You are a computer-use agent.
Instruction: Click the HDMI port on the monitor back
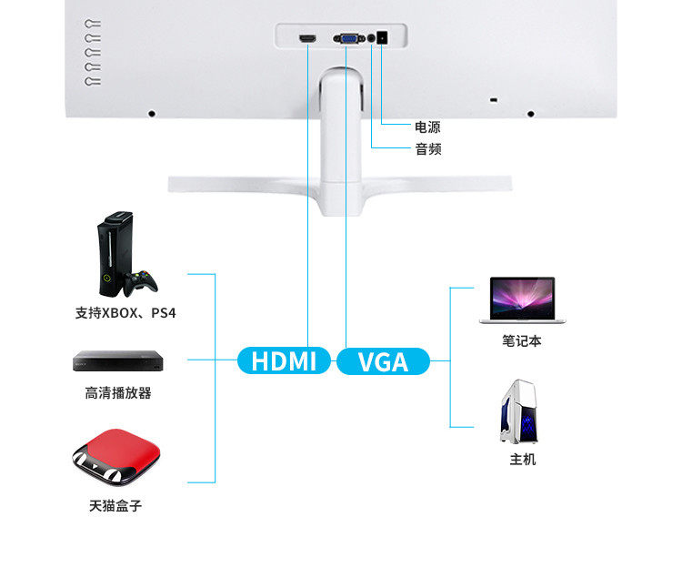[x=307, y=39]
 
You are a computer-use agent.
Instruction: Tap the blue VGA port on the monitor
[x=349, y=39]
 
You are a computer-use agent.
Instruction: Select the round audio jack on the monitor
[x=371, y=38]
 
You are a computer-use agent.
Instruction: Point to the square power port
[x=382, y=38]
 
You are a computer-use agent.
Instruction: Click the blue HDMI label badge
[x=284, y=360]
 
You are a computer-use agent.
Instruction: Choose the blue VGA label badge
[x=383, y=361]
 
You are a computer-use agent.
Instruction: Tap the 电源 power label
[x=427, y=127]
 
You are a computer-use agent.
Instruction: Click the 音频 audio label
[x=428, y=149]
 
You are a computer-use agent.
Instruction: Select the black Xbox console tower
[x=115, y=254]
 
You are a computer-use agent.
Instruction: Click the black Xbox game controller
[x=140, y=283]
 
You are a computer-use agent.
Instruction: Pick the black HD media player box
[x=118, y=360]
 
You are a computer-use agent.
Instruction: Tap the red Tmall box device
[x=116, y=458]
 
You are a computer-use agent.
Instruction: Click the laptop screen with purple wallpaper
[x=522, y=299]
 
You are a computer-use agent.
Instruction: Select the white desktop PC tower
[x=518, y=411]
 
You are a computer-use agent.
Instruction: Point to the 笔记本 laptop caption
[x=522, y=340]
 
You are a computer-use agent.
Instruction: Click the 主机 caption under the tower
[x=522, y=459]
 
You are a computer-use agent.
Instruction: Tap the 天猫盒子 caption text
[x=115, y=506]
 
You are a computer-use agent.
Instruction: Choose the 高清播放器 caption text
[x=118, y=393]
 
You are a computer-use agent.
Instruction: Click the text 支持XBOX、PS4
[x=125, y=313]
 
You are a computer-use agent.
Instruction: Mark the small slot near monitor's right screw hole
[x=493, y=100]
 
